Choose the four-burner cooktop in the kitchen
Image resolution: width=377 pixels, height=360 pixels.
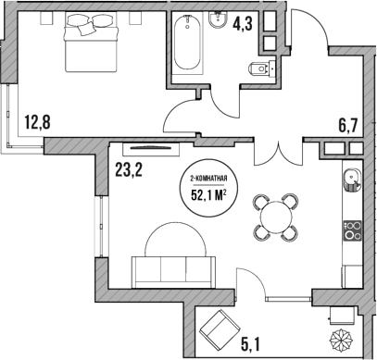[352, 230]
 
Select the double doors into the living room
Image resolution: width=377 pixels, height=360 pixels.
[279, 151]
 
